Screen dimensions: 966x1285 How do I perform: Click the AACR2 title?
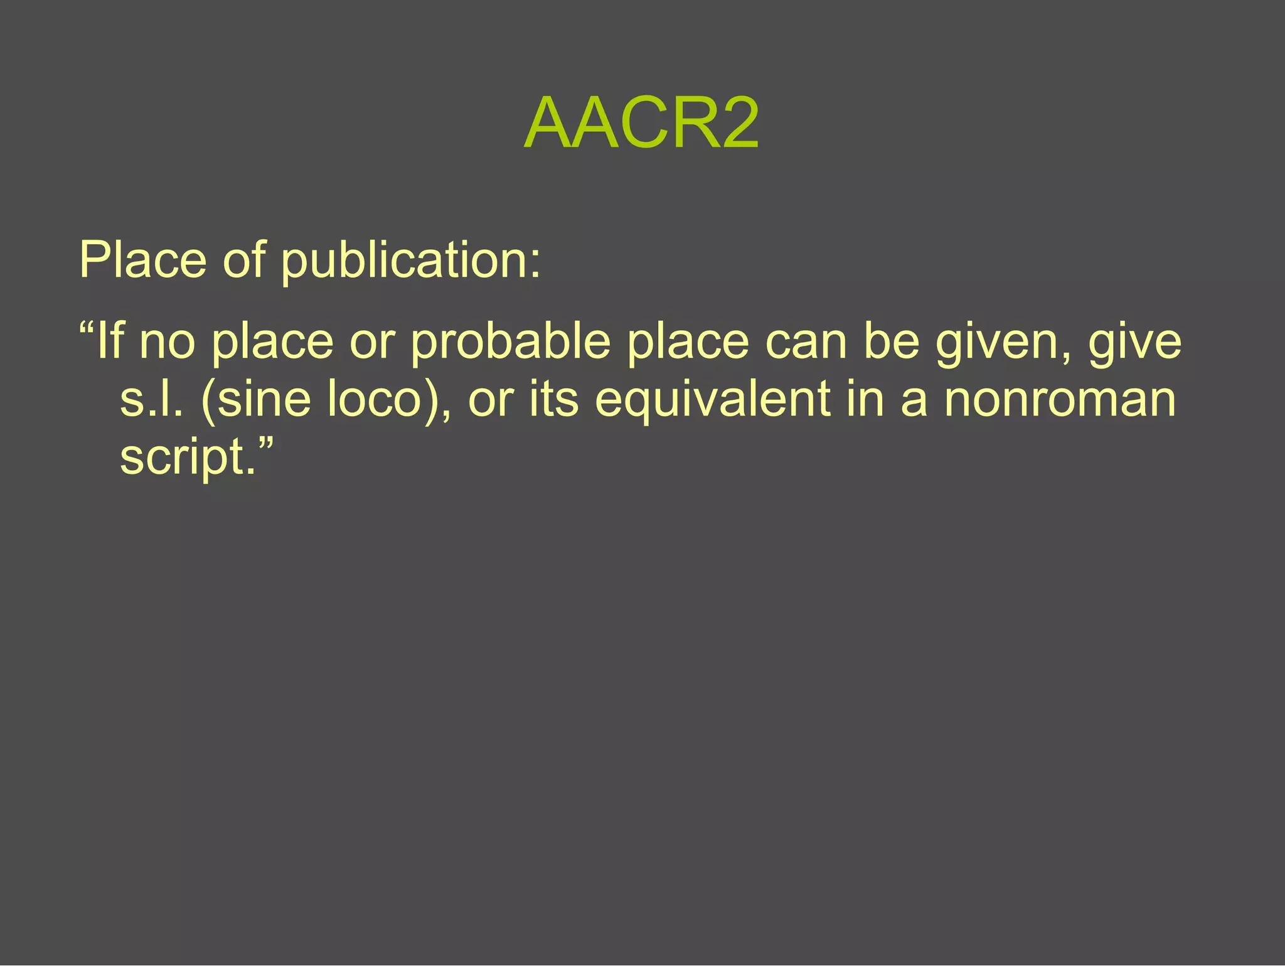(x=641, y=123)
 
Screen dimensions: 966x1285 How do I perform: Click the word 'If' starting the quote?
(x=110, y=341)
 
